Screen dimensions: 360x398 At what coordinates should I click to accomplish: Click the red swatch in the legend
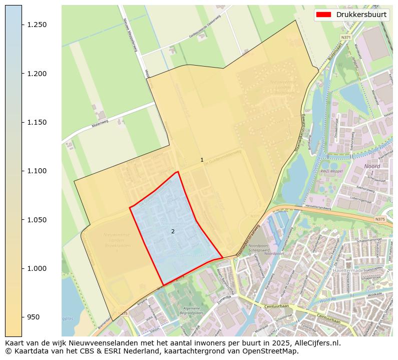click(324, 15)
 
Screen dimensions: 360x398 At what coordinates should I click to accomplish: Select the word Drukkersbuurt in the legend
click(361, 15)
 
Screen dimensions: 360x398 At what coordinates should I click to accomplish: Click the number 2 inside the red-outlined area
click(173, 231)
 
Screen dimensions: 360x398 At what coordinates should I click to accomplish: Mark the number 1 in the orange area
click(202, 160)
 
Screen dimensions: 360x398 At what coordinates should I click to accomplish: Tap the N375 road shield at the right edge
click(381, 219)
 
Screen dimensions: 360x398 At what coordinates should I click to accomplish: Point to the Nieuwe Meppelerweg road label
click(130, 36)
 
